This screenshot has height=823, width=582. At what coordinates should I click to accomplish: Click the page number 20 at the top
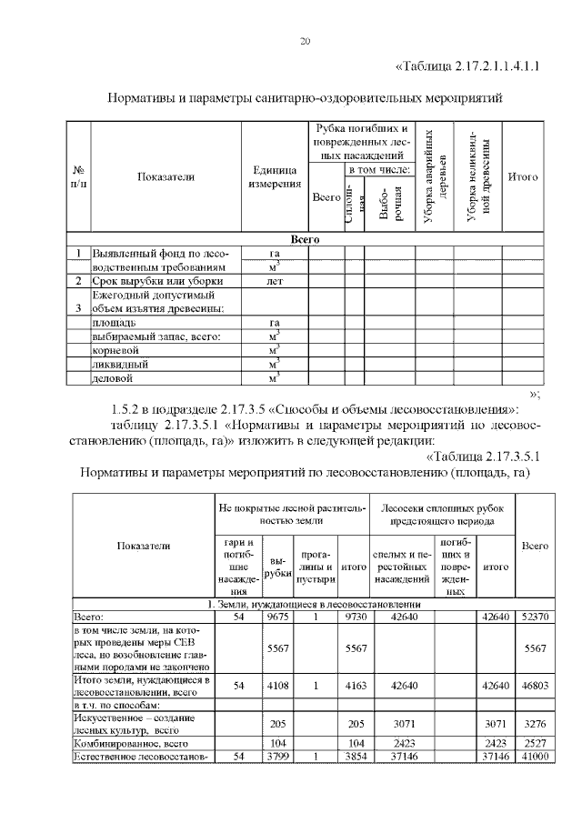pyautogui.click(x=306, y=42)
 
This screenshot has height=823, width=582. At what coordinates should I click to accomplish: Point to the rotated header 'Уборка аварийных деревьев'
pyautogui.click(x=436, y=177)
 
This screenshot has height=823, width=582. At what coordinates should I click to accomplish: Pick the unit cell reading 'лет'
pyautogui.click(x=275, y=282)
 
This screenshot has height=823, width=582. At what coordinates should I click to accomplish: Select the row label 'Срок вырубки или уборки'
pyautogui.click(x=150, y=282)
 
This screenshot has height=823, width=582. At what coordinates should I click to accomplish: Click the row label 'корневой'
pyautogui.click(x=115, y=348)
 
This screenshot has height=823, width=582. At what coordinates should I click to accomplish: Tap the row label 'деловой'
pyautogui.click(x=114, y=376)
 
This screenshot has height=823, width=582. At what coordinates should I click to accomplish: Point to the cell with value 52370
pyautogui.click(x=535, y=616)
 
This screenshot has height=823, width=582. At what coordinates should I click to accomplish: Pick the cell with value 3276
pyautogui.click(x=535, y=724)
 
